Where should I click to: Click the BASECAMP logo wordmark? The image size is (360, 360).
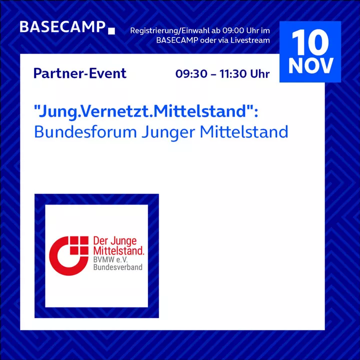62,27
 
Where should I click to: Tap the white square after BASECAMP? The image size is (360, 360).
111,31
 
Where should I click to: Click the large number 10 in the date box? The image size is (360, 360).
310,42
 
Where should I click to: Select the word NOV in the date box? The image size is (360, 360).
310,65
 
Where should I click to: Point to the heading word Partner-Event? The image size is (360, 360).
80,73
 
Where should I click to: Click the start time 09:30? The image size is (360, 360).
191,73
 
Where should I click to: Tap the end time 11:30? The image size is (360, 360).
233,73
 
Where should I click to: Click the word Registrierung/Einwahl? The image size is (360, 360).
169,30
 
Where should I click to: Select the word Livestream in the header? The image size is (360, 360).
250,40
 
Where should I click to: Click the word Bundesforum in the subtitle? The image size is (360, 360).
85,132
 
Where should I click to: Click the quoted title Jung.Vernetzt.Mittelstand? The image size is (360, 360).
146,111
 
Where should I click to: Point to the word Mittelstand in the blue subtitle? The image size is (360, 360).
244,132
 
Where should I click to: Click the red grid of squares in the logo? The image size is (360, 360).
79,245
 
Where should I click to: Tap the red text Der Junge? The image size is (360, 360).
115,241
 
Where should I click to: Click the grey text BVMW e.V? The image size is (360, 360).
110,260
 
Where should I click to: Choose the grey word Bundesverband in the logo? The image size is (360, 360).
118,267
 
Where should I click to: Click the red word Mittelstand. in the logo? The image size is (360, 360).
118,250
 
